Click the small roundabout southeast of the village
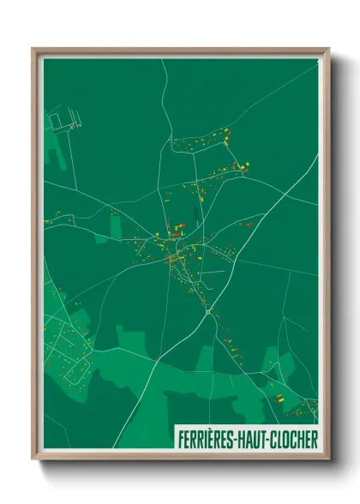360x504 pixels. coord(208,313)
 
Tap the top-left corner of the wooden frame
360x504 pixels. coord(33,50)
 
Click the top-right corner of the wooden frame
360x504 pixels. coord(327,50)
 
